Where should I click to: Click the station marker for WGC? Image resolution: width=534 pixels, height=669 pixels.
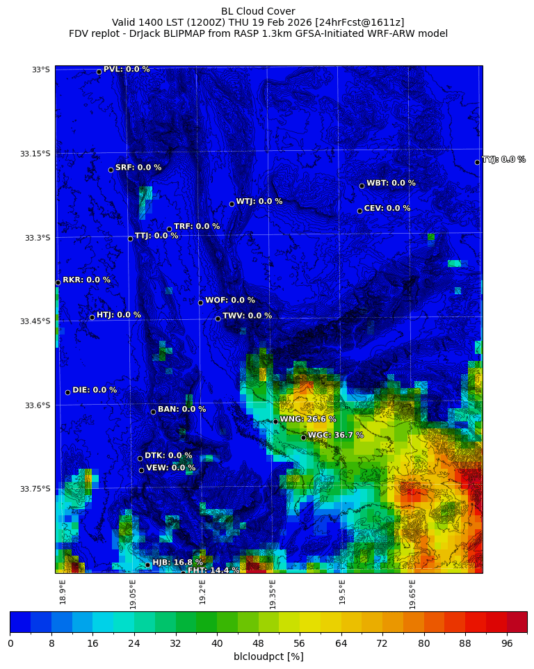point(303,437)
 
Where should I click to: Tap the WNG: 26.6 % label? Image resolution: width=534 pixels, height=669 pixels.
point(307,419)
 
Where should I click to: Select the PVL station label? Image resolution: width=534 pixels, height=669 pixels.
point(127,70)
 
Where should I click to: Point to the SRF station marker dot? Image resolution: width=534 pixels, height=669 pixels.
point(111,170)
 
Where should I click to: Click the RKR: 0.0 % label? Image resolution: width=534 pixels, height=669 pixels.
point(86,280)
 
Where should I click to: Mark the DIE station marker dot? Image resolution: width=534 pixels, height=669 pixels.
point(67,392)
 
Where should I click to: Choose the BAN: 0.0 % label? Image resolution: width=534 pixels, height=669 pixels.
point(181,410)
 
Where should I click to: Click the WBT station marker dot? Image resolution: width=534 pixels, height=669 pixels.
point(362,186)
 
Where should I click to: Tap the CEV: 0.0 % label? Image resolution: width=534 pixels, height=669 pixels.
point(387,209)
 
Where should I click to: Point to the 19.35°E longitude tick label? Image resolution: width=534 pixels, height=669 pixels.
point(273,594)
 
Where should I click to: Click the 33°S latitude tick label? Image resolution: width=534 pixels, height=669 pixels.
point(40,70)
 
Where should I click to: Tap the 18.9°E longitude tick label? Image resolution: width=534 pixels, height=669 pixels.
point(63,592)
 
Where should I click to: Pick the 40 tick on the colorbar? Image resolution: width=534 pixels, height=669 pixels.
point(217,643)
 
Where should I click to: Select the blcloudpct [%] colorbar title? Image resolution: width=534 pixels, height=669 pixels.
point(268,656)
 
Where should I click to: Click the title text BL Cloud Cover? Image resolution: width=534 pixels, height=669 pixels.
point(258,11)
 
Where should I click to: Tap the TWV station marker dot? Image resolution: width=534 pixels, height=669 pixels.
point(218,319)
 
